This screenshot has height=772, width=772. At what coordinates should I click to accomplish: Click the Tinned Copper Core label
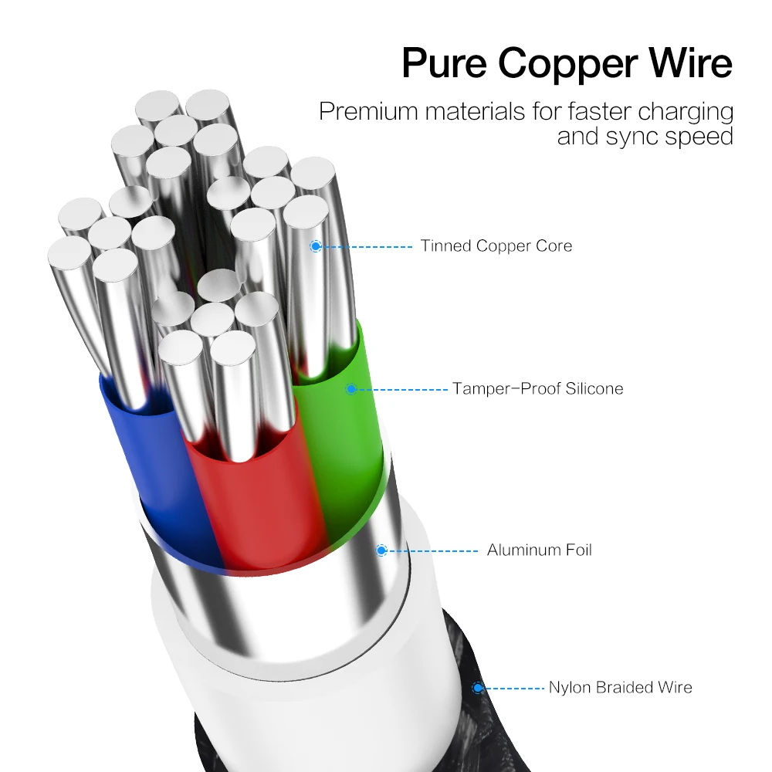coord(496,246)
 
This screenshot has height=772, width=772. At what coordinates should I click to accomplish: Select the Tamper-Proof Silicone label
coord(538,388)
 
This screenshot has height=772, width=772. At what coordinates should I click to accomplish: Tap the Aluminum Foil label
coord(539,550)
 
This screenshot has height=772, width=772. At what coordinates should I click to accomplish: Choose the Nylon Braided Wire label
coord(620,687)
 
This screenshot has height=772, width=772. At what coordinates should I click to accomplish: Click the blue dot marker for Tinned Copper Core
coord(315,246)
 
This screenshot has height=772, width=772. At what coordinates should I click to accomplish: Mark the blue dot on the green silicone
coord(350,388)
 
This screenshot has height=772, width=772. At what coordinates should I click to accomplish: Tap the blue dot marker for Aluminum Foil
coord(381,550)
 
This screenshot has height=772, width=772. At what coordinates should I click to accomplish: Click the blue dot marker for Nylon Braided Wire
coord(478,687)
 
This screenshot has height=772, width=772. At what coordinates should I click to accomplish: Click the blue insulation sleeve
coord(154,463)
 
